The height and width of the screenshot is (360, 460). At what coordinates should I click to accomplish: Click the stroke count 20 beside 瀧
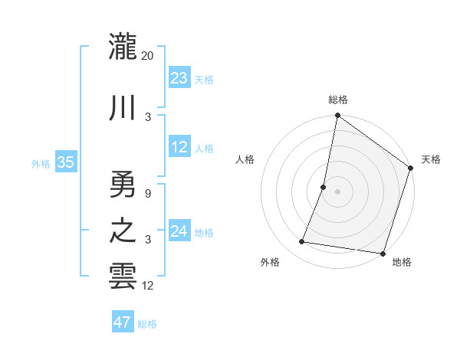coord(148,55)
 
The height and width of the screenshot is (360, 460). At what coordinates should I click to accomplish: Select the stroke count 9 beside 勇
coord(147,193)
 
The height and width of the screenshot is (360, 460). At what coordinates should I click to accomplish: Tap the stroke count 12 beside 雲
coord(148,286)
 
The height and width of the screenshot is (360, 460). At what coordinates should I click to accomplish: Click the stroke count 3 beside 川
coord(148,116)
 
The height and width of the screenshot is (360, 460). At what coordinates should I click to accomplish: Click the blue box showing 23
coord(179,78)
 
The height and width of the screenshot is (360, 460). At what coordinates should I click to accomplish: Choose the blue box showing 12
coord(179,147)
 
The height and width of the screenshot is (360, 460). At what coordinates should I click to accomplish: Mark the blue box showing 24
coord(179,231)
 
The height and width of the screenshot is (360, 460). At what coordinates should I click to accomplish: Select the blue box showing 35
coord(65,162)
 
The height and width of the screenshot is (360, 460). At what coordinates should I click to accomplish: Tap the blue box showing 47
coord(122,322)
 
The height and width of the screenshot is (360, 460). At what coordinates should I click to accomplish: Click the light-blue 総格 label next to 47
coord(147,324)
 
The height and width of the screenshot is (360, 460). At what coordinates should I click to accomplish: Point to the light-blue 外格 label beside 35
coord(40,164)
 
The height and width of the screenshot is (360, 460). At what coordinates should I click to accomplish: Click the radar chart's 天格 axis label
coord(431,159)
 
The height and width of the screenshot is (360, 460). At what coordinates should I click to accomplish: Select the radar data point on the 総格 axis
coord(337,116)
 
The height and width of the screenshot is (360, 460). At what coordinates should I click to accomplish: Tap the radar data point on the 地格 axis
coord(382,254)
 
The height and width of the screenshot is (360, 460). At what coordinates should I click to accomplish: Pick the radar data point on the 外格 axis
coord(302,242)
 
